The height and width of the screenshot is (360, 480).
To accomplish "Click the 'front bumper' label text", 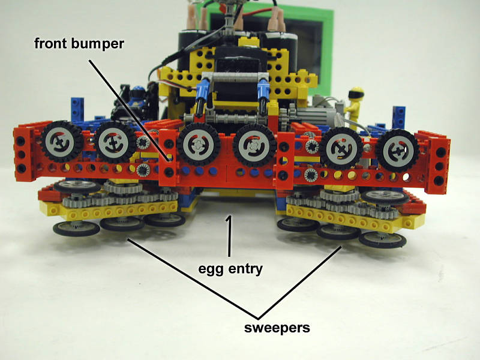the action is tap(79, 43).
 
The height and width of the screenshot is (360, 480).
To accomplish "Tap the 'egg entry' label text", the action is tap(230, 269).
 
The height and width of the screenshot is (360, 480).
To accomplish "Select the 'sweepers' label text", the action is tap(277, 328).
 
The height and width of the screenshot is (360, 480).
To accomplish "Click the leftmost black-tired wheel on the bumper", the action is tap(61, 142).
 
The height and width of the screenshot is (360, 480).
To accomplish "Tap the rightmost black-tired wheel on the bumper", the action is tap(397, 151).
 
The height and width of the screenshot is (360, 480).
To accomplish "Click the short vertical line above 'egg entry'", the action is tap(229, 236).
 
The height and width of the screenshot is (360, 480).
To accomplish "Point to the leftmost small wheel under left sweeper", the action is tap(76, 229).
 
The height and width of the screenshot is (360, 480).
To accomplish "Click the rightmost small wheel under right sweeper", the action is tap(383, 239).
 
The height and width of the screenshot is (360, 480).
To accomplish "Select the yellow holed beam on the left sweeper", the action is tap(109, 211).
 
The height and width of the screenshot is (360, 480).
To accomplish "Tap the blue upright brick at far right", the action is tap(399, 117).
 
